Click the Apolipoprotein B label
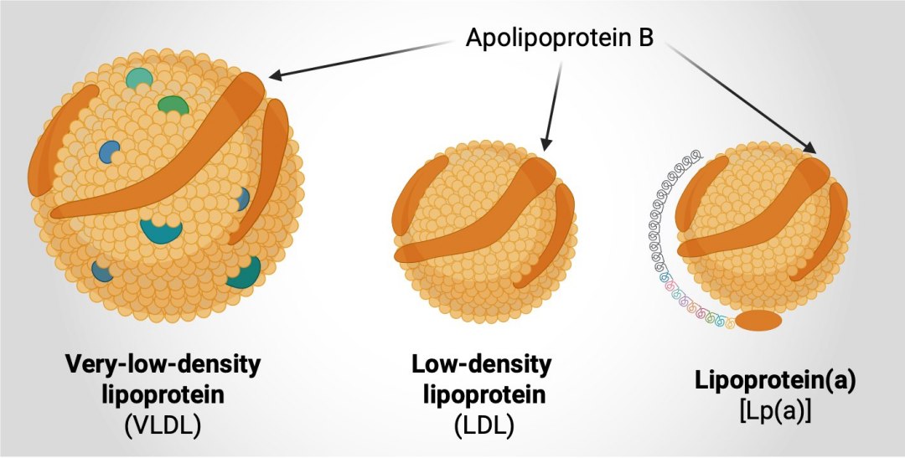(559, 38)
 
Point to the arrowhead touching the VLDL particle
(276, 75)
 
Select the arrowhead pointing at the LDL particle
(546, 144)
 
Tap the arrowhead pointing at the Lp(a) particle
(809, 147)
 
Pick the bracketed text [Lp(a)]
(775, 413)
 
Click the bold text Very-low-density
(163, 364)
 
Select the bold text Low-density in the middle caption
(481, 364)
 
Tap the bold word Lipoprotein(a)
(775, 381)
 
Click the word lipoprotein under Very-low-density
(163, 395)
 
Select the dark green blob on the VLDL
(173, 105)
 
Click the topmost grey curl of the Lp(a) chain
(697, 155)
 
